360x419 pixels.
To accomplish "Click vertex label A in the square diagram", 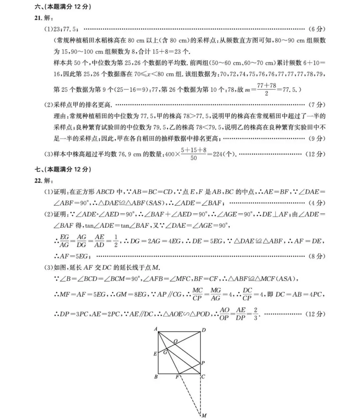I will pyautogui.click(x=156, y=329).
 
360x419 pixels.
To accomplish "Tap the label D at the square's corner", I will pyautogui.click(x=204, y=330).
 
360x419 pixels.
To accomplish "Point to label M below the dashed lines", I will pyautogui.click(x=204, y=415).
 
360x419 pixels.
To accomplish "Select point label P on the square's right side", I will pyautogui.click(x=203, y=363).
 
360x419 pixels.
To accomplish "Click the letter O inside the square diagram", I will pyautogui.click(x=175, y=341).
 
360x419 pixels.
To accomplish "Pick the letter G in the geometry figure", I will pyautogui.click(x=165, y=352).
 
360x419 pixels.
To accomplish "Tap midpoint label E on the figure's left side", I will pyautogui.click(x=155, y=354).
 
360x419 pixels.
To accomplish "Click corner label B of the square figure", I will pyautogui.click(x=156, y=377).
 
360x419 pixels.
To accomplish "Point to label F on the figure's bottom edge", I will pyautogui.click(x=177, y=377).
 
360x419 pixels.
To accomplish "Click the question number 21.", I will pyautogui.click(x=38, y=18).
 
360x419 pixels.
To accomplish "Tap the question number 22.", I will pyautogui.click(x=38, y=181).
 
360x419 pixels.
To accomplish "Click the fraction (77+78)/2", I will pyautogui.click(x=266, y=89).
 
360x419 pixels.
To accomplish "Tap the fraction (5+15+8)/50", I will pyautogui.click(x=194, y=154).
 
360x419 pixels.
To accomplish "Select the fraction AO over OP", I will pyautogui.click(x=224, y=314).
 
